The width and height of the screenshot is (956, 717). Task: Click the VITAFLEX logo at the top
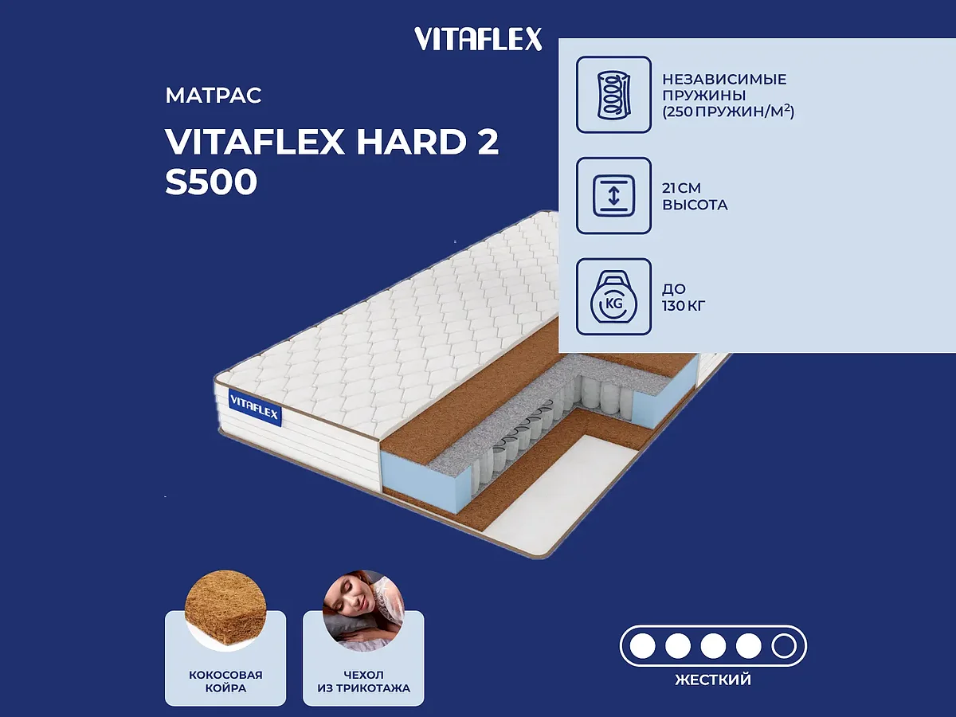tap(478, 38)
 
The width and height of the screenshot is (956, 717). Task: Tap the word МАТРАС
tap(214, 96)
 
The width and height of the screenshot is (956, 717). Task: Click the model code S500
tap(211, 182)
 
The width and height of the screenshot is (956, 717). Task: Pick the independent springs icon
tap(613, 94)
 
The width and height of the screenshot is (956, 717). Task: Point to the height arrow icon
tap(613, 196)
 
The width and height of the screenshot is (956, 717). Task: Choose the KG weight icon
tap(613, 297)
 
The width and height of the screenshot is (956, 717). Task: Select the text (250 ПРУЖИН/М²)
tap(728, 112)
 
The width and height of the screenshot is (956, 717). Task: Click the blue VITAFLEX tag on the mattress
tap(255, 406)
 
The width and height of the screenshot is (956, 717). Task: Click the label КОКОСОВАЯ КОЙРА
tap(225, 681)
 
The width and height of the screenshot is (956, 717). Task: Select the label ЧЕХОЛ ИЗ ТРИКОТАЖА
tap(363, 681)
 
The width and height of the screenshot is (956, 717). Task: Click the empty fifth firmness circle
tap(784, 645)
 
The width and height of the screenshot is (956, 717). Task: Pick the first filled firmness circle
tap(642, 645)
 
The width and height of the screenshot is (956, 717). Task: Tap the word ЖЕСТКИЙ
tap(713, 680)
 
